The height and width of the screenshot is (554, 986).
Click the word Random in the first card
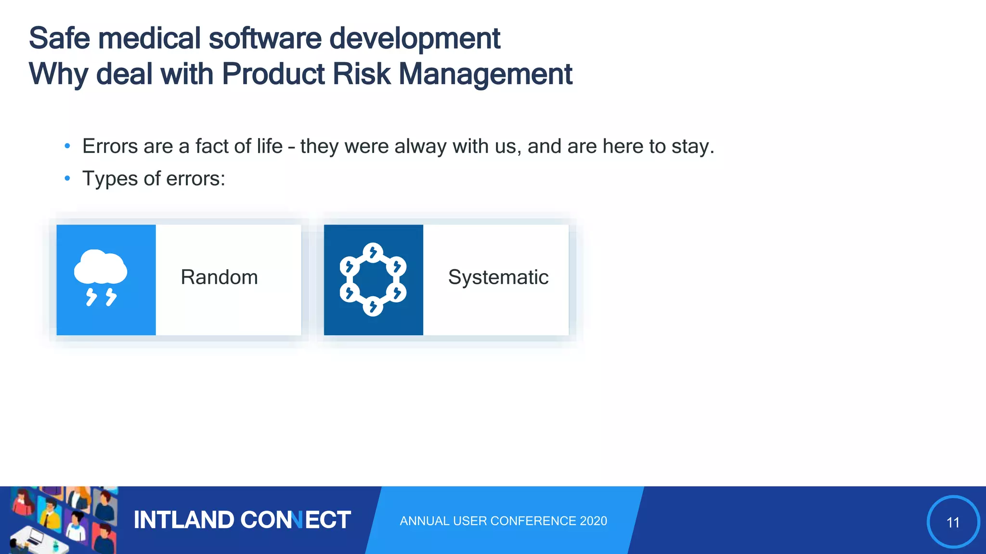219,277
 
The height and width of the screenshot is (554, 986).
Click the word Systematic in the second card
498,277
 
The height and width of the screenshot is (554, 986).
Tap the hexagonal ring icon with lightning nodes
373,279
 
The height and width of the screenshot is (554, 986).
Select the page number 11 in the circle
953,522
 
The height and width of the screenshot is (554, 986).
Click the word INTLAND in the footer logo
183,520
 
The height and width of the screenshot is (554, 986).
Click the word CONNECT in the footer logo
295,520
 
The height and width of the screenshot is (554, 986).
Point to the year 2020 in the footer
593,521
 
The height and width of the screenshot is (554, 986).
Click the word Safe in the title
59,38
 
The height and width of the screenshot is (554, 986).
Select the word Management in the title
485,75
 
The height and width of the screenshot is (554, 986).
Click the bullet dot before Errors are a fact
67,146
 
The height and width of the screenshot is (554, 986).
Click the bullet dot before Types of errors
67,179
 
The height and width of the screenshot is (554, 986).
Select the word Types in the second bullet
110,179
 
